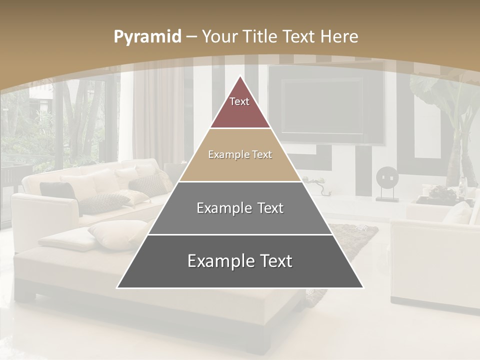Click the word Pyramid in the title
click(x=147, y=37)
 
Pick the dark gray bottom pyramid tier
click(x=240, y=270)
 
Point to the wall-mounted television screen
click(x=322, y=105)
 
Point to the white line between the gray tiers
click(x=240, y=234)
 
